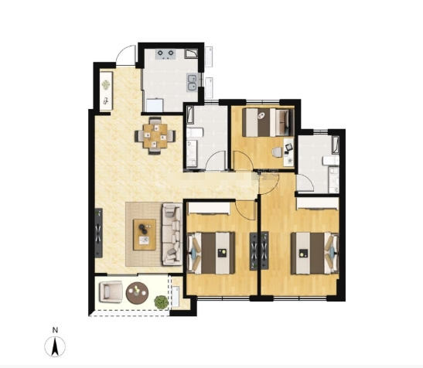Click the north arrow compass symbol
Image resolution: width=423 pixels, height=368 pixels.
[55, 346]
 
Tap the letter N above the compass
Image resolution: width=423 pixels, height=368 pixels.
[55, 330]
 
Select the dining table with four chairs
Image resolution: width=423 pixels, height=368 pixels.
[155, 136]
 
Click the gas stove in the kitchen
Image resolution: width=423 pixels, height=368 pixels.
[165, 54]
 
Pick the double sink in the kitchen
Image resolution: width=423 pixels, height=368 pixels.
[192, 83]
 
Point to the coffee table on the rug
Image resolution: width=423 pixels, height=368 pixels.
[145, 234]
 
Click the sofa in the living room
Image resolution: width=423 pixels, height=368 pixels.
[172, 234]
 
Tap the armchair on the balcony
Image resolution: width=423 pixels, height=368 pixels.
[111, 291]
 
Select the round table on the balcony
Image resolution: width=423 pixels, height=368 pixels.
[138, 293]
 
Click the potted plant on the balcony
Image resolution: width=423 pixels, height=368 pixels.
[161, 302]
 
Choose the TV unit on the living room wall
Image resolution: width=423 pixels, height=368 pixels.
[98, 233]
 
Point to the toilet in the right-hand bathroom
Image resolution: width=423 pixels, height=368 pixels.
[331, 161]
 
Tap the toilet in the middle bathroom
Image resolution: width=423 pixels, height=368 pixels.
[195, 133]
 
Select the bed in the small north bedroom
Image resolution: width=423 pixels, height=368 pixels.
[268, 122]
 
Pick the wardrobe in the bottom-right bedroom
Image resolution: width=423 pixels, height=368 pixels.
[318, 203]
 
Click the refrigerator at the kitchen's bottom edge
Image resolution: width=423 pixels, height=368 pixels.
[155, 105]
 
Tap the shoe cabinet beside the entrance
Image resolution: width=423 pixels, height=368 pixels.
[106, 90]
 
